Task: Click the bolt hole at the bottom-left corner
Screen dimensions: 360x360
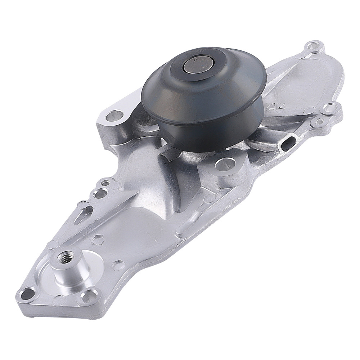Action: [x=26, y=294]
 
